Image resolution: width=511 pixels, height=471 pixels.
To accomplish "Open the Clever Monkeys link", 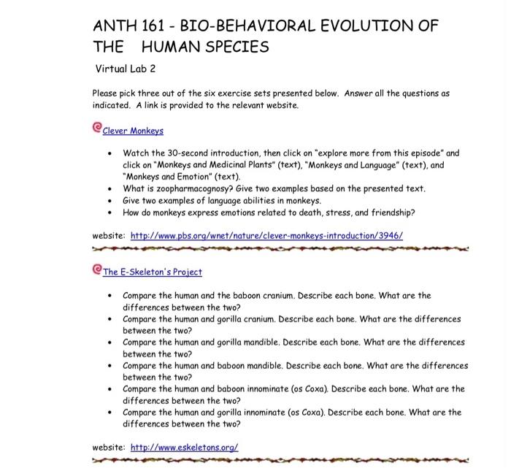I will click(133, 131).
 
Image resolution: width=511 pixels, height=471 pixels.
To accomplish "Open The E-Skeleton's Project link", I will click(153, 272).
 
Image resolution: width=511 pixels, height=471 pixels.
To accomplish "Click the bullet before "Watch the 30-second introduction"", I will click(109, 155).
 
